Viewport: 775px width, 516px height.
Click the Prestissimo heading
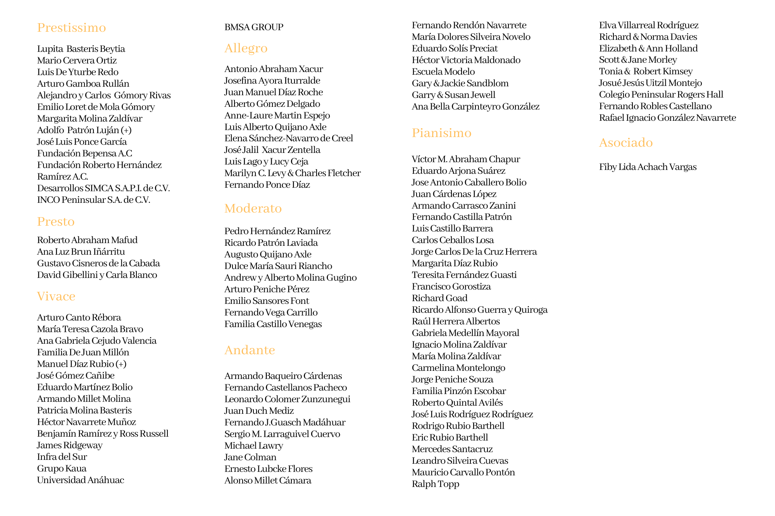tap(71, 28)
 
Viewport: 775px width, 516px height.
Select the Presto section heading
tap(56, 222)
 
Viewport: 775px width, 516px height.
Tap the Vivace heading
tap(56, 297)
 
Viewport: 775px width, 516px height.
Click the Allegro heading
tap(246, 48)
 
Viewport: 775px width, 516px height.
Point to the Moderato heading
tap(253, 209)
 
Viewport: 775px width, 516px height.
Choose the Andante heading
tap(250, 350)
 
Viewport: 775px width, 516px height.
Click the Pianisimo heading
tap(441, 133)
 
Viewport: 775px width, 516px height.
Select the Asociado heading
tap(626, 143)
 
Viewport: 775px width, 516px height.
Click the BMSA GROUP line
tap(254, 27)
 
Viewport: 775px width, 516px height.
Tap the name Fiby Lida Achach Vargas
tap(648, 167)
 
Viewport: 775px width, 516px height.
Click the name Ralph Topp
tap(435, 484)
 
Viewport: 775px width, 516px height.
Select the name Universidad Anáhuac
tap(81, 480)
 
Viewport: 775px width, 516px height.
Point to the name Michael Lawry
tap(253, 446)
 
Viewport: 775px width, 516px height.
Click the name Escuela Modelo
tap(443, 72)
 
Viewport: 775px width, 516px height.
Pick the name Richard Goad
tap(439, 298)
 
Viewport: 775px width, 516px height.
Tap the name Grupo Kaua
tap(62, 469)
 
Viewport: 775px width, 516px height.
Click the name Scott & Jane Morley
tap(638, 60)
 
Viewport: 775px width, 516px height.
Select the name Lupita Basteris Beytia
tap(81, 49)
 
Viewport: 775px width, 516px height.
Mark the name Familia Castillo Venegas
tap(273, 324)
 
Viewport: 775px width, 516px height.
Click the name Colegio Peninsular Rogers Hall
tap(661, 95)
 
